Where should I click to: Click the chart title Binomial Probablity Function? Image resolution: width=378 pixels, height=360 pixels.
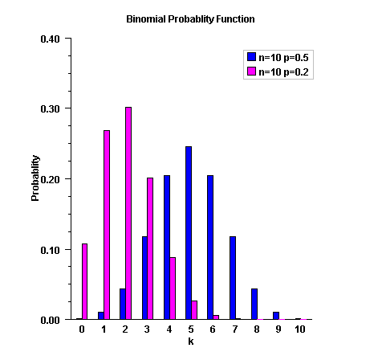(x=190, y=18)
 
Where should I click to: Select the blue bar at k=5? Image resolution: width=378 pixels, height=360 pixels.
(x=189, y=233)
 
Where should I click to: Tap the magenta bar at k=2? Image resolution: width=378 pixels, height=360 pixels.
(x=128, y=213)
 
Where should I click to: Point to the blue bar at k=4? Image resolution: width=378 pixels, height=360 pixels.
(x=167, y=247)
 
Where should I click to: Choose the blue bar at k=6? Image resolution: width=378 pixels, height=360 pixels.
(x=210, y=247)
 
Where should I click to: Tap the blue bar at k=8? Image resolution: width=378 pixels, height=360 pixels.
(x=254, y=304)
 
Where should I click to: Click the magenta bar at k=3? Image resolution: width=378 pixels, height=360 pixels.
(x=150, y=248)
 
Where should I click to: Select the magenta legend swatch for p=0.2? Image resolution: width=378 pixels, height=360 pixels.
(x=251, y=72)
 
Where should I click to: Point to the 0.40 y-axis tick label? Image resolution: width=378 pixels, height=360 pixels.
(x=50, y=38)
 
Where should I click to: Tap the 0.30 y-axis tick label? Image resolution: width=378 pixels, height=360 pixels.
(x=50, y=108)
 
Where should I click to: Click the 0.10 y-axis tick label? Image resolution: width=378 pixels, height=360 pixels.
(x=50, y=249)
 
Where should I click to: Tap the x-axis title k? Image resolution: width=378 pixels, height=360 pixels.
(x=190, y=342)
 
